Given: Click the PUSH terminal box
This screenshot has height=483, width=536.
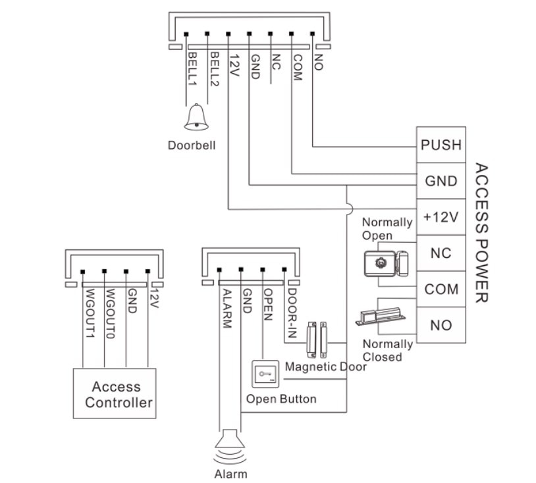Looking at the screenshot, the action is click(x=441, y=145).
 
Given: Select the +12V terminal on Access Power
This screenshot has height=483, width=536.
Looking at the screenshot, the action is click(x=441, y=217).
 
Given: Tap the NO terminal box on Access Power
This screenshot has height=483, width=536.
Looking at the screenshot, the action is click(x=441, y=325).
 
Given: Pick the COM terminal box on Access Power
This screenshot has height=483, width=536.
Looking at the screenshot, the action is click(x=441, y=289).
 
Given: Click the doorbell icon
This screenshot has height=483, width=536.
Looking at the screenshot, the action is click(x=196, y=117).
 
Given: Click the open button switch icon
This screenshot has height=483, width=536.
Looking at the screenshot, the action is click(x=265, y=374).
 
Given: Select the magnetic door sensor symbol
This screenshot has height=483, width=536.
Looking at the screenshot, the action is click(x=317, y=339).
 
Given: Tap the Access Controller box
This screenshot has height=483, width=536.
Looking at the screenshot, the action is click(x=115, y=394).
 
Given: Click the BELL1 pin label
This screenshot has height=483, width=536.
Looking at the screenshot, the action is click(x=192, y=68).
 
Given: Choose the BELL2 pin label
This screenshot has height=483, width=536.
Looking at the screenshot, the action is click(x=214, y=69).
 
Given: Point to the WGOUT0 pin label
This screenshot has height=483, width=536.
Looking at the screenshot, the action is click(x=110, y=314).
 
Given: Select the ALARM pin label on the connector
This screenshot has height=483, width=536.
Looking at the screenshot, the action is click(x=227, y=309).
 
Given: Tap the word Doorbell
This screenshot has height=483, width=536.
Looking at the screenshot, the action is click(x=192, y=145).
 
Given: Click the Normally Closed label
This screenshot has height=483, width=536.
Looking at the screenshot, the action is click(x=388, y=350).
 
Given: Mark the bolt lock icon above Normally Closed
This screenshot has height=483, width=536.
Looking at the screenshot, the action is click(x=381, y=317).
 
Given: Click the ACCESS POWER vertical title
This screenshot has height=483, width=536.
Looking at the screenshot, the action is click(x=481, y=233).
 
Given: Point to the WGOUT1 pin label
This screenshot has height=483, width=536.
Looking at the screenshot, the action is click(x=90, y=314).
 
